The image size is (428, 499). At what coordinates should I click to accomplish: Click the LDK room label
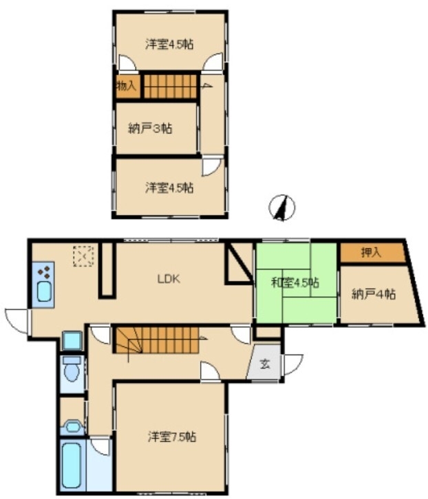pos(169,279)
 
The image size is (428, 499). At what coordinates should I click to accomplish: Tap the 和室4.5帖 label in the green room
pos(295,282)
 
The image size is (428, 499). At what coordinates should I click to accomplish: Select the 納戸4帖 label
pos(374,293)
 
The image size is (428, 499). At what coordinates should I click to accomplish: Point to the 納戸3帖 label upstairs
pos(150,129)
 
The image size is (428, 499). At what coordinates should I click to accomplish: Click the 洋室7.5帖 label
pos(172,436)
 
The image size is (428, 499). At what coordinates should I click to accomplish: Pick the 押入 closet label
pos(372,252)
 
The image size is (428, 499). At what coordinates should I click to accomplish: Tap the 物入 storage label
pos(127,86)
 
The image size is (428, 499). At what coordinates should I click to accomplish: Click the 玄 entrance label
pos(265,364)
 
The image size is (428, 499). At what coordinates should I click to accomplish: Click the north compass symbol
pos(281,208)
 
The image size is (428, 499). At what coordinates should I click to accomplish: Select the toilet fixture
pos(72,368)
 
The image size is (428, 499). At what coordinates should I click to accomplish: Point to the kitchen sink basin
pos(44,292)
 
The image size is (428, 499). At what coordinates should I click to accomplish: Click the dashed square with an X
pos(83,256)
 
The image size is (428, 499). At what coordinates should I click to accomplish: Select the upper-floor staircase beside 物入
pos(171,86)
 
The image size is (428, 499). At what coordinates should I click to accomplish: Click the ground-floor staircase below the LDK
pos(157,340)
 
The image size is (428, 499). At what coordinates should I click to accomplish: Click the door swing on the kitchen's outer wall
pos(17,321)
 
